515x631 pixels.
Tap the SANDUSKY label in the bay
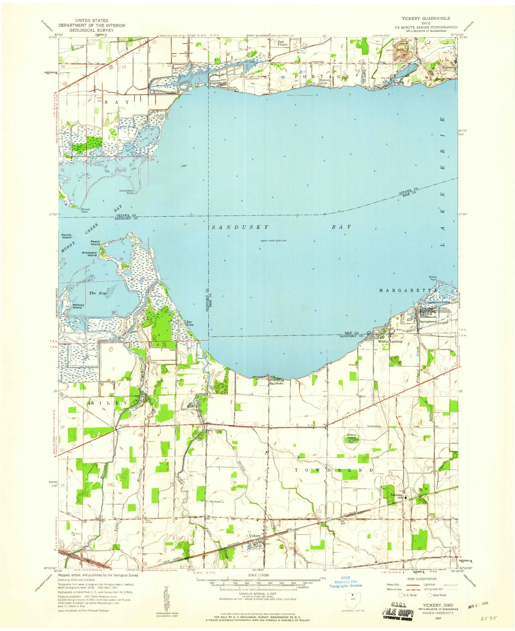point(240,227)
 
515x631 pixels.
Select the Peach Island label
point(95,243)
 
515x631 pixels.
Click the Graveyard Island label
point(89,254)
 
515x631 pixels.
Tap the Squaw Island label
point(66,236)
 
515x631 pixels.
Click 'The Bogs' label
point(98,293)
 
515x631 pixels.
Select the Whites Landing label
point(390,341)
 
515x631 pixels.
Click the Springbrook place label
point(428,321)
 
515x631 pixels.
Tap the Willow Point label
point(433,278)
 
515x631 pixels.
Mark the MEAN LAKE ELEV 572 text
point(274,241)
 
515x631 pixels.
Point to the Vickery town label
point(255,536)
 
